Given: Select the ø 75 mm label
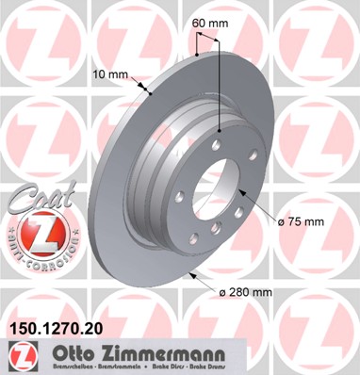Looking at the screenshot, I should [302, 221].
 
